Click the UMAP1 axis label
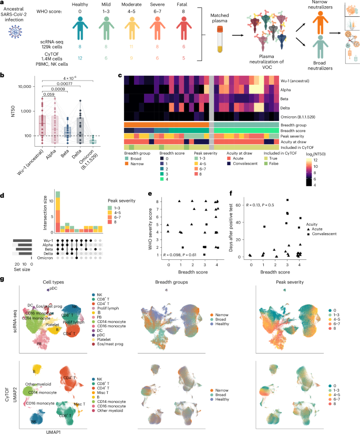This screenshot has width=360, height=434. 37,429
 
